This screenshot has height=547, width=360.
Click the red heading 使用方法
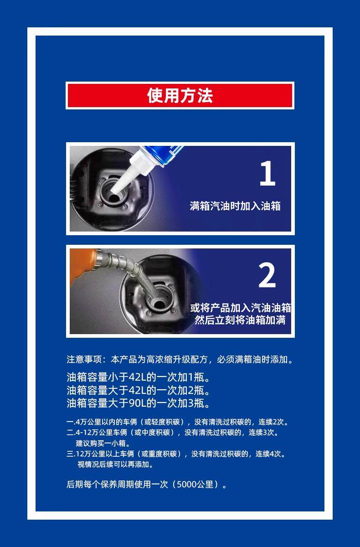(x=180, y=95)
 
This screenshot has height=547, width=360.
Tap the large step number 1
(x=267, y=173)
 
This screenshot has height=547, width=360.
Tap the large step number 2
(x=267, y=275)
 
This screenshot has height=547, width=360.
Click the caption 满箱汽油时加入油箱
(x=235, y=206)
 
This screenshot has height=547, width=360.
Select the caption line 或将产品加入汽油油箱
(x=241, y=308)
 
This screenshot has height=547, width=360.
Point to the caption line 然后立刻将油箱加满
(x=240, y=320)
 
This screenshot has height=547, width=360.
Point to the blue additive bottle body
(x=164, y=154)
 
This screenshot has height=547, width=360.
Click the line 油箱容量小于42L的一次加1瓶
(x=138, y=377)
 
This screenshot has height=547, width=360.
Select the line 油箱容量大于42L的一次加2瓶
(x=138, y=390)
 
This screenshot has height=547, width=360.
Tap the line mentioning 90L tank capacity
(x=138, y=403)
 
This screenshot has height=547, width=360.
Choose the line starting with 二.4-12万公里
(x=173, y=433)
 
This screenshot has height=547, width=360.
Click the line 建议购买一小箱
(x=103, y=443)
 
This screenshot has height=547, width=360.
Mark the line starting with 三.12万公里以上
(x=176, y=454)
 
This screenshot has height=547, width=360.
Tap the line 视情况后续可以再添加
(x=115, y=464)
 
